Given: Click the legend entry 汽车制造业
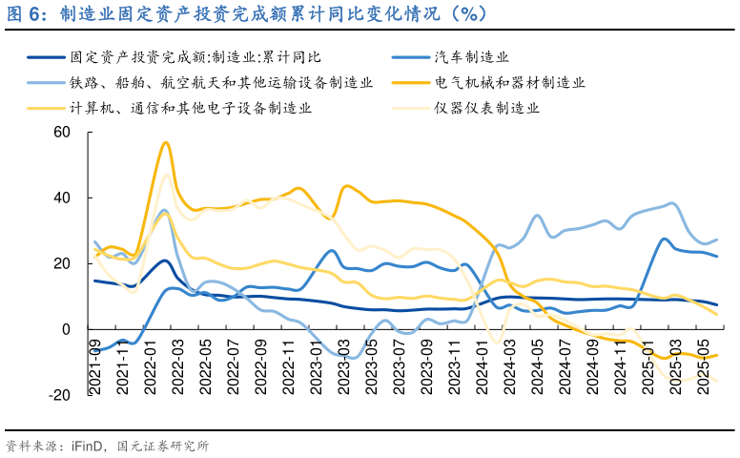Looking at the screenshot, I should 471,57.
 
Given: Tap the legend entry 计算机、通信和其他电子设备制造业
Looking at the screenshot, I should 191,108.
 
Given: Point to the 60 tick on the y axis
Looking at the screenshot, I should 62,132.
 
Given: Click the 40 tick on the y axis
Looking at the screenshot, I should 62,198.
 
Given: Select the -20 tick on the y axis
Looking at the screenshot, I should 59,395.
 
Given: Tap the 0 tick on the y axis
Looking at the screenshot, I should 66,329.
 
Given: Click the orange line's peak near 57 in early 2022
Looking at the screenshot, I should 165,142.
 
